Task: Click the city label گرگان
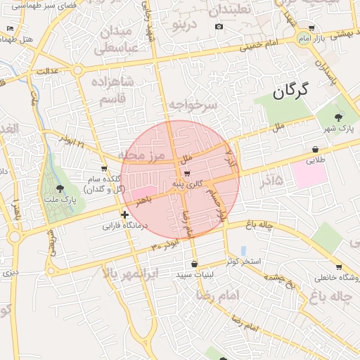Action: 291,91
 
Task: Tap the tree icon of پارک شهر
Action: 339,117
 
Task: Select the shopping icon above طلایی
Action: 314,149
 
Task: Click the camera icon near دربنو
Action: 219,27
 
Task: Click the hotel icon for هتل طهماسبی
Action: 10,29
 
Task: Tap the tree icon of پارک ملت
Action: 60,188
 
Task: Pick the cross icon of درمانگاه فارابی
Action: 124,214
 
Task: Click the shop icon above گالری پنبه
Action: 188,173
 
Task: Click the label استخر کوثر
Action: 243,262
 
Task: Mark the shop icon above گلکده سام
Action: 105,168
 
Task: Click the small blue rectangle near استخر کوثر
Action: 243,250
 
